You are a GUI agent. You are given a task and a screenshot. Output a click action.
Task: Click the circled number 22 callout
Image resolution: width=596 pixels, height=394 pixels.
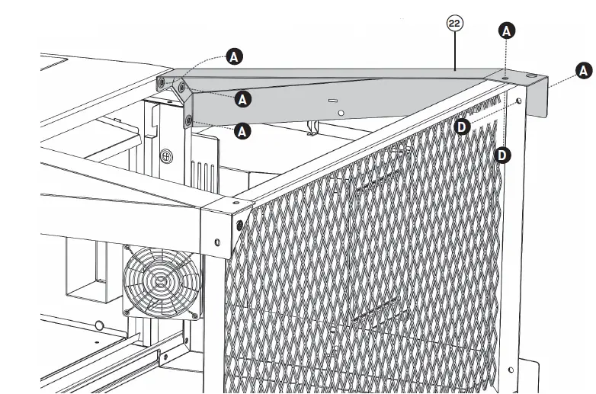point(454,24)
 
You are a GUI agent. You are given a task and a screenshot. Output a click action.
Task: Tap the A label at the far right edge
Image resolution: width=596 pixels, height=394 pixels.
point(584,70)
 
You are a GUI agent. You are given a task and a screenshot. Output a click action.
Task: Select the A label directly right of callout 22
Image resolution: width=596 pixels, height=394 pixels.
point(507,30)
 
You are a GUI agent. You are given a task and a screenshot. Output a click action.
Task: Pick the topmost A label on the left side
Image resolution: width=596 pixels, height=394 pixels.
point(235,56)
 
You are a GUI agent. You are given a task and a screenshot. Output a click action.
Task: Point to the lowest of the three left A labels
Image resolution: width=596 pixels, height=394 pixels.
point(242,131)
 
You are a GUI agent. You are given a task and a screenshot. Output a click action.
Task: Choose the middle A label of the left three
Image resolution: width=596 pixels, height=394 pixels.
point(242,98)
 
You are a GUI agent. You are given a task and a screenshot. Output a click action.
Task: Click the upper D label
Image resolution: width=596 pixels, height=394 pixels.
point(462,127)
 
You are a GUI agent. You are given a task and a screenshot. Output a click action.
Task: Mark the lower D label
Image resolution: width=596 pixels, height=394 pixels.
point(503,155)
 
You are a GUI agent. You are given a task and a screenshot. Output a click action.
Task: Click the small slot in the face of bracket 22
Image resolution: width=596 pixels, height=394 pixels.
point(332,100)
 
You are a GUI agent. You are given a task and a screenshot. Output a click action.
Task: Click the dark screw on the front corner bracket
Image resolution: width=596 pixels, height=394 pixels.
point(240,224)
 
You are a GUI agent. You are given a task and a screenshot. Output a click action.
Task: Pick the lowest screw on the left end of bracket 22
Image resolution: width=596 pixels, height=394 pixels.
point(188,120)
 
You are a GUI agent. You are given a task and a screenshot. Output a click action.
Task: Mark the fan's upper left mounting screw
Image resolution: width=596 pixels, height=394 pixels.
point(127,248)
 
